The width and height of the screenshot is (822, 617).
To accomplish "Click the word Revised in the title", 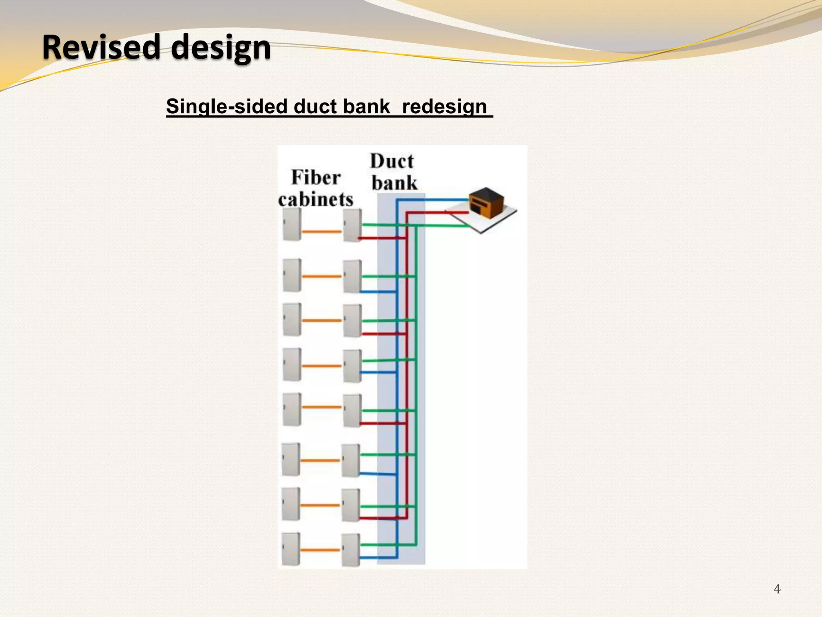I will (101, 47).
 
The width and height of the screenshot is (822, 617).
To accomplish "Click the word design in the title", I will (221, 48).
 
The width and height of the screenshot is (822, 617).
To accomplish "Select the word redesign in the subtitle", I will (444, 106).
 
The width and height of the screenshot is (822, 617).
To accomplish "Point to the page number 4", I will (777, 589).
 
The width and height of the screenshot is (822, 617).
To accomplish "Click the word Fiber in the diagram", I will (316, 178).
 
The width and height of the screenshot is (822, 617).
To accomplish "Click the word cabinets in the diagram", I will (316, 199).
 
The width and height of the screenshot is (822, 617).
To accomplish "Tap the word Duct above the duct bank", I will (392, 161).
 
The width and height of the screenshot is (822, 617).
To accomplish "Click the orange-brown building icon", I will (486, 202).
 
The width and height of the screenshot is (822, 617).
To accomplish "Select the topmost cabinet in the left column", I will (292, 224).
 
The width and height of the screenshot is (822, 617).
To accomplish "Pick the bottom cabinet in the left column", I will (291, 549).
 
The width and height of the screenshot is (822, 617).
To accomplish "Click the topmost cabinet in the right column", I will (352, 225).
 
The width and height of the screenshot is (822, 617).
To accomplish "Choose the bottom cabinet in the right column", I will (350, 550).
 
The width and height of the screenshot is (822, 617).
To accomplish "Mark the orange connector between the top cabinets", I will (321, 232).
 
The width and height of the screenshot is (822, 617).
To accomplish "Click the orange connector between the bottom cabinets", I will (320, 550).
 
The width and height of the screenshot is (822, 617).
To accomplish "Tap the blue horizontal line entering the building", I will (433, 199).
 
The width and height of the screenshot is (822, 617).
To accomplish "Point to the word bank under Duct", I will (394, 183).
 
